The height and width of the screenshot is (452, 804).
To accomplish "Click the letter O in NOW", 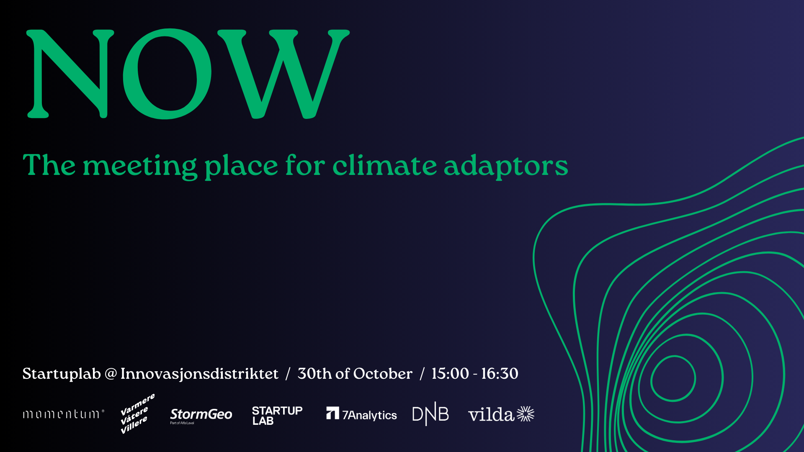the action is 167,74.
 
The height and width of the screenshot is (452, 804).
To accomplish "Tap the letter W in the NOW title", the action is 283,74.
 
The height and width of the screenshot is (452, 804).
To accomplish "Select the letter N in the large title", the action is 70,74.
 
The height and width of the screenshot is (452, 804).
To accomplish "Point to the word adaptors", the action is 506,167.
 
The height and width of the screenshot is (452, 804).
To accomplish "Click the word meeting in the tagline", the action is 140,167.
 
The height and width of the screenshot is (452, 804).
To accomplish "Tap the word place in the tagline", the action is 241,167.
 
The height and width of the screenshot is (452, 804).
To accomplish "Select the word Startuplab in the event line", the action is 62,374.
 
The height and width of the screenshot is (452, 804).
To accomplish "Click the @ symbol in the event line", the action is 111,374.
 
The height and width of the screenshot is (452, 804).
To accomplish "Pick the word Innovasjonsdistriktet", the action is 199,374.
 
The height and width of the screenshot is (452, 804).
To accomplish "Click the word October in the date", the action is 383,374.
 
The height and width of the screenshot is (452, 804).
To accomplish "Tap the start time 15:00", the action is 450,374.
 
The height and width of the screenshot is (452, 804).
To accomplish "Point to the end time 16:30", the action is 500,374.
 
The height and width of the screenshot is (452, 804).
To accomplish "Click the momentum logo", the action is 63,414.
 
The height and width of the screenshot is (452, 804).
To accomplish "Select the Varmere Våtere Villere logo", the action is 137,413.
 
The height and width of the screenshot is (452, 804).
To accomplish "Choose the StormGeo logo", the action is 201,416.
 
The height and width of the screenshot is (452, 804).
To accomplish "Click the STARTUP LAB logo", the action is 277,416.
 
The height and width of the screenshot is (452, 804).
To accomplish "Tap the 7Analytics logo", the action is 361,414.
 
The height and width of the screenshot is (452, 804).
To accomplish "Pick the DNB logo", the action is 430,414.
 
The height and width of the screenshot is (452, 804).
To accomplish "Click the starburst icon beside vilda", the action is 526,414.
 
